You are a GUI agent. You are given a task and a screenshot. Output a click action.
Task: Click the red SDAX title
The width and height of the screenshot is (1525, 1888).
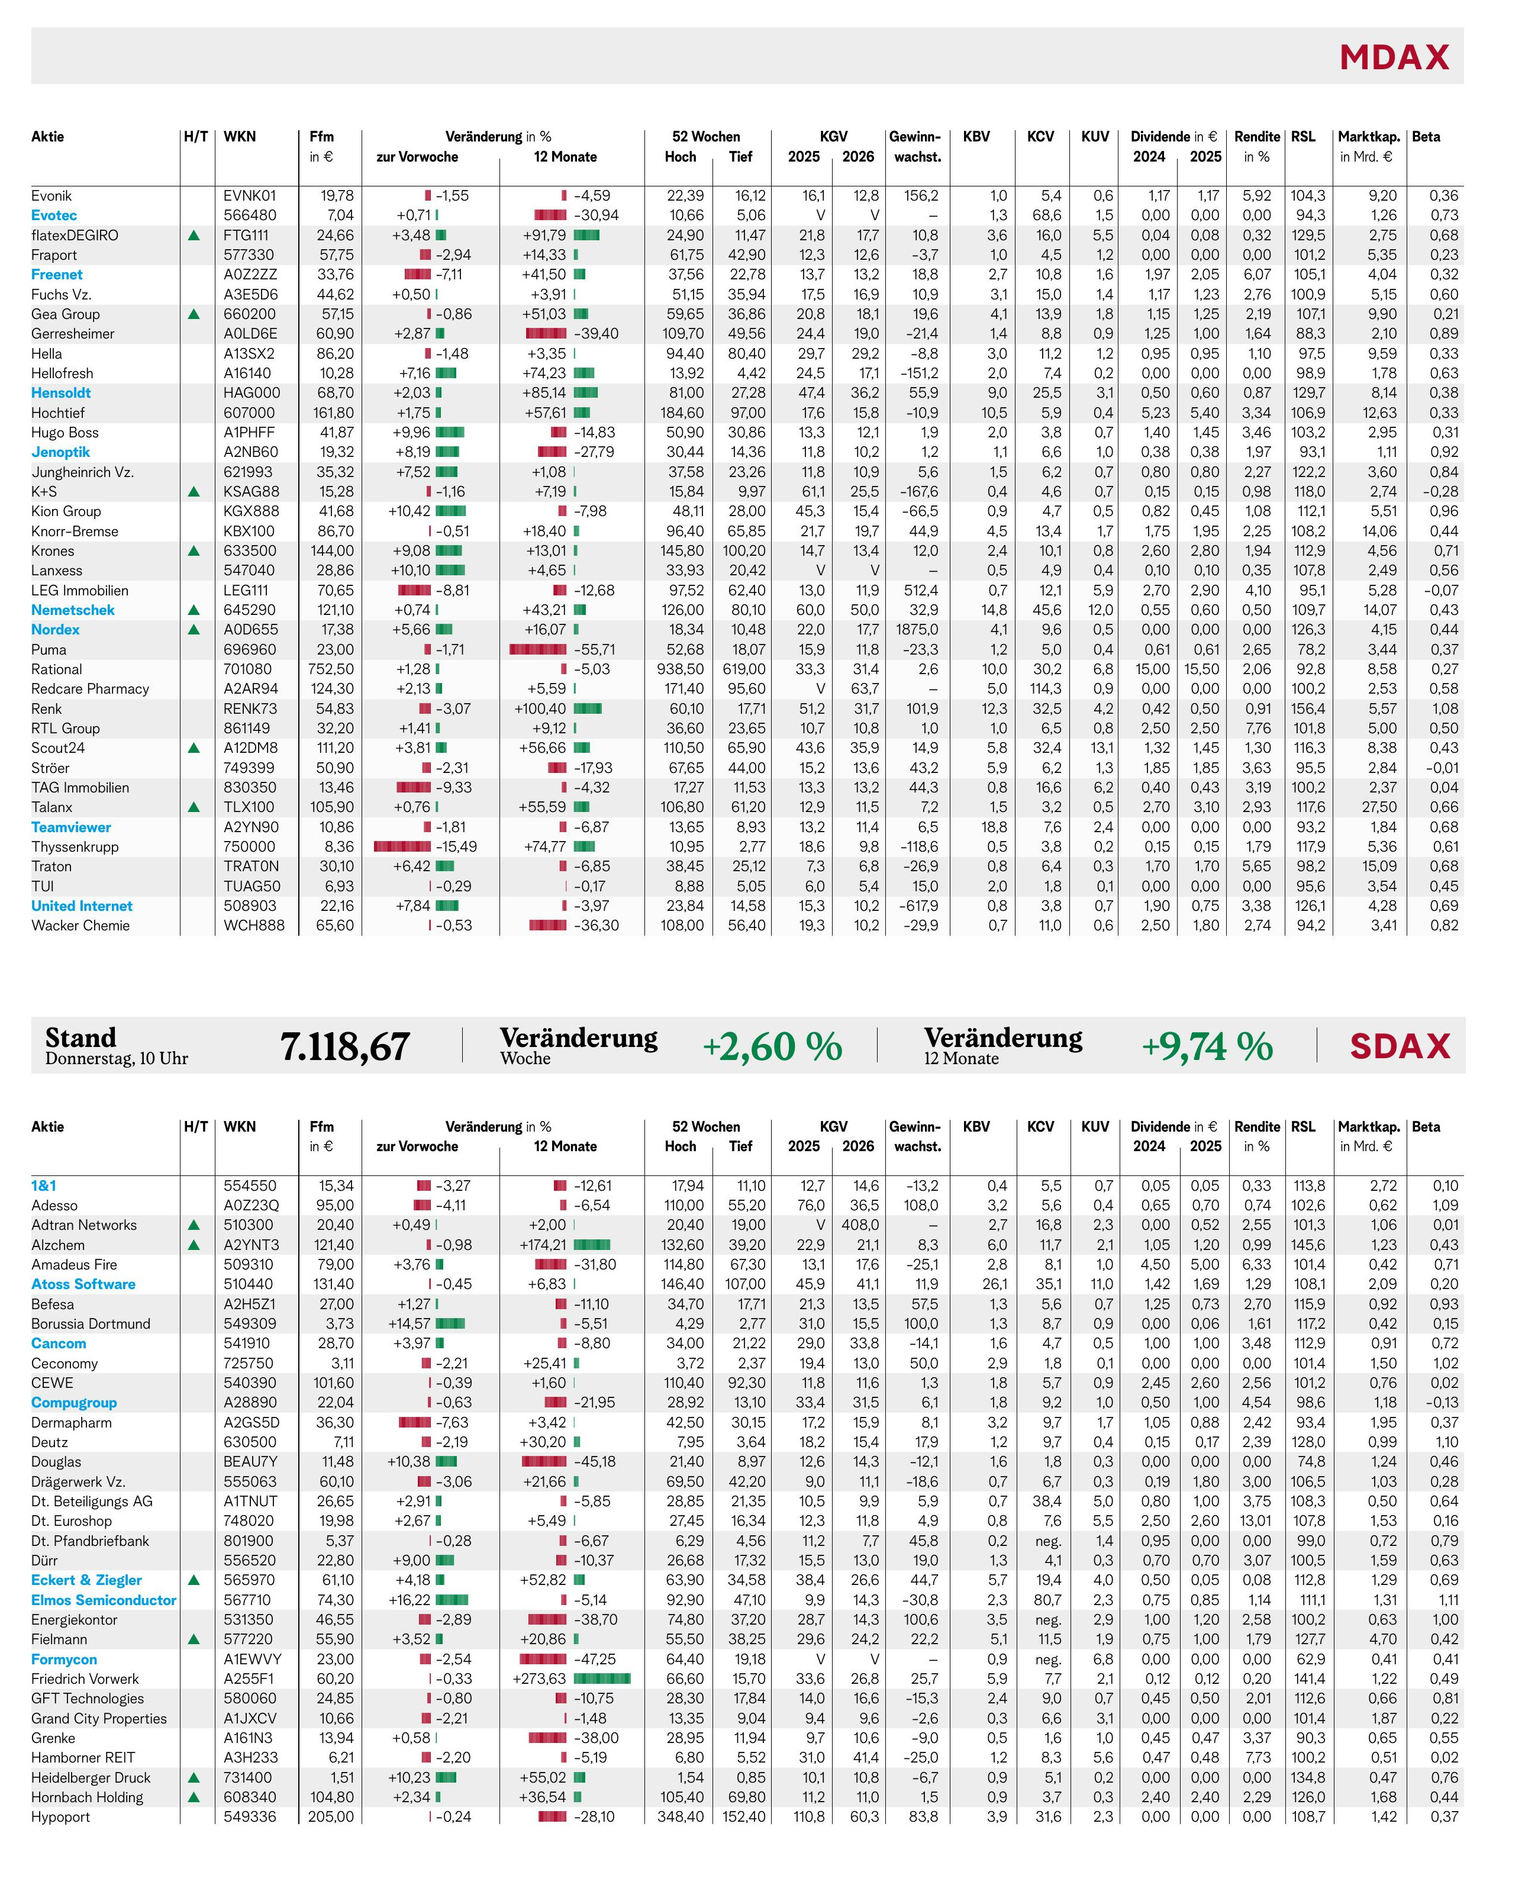tap(1400, 1046)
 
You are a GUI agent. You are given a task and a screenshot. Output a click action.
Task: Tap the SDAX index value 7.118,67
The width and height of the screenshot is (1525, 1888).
tap(344, 1046)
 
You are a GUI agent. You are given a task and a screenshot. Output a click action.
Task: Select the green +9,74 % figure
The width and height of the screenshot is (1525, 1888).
tap(1207, 1046)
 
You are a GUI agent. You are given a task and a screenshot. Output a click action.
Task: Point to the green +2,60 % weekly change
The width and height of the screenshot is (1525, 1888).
tap(772, 1046)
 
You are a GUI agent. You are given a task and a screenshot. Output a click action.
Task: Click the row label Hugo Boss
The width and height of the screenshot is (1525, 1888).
tap(65, 432)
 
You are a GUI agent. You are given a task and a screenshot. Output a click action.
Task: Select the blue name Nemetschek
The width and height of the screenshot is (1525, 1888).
tap(73, 610)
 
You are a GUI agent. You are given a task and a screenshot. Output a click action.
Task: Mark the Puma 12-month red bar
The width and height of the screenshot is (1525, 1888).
tap(537, 649)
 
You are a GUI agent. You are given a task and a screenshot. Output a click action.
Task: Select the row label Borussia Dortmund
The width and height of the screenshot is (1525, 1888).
tap(91, 1324)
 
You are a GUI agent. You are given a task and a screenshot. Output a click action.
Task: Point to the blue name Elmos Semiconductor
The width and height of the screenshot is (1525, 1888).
tap(104, 1600)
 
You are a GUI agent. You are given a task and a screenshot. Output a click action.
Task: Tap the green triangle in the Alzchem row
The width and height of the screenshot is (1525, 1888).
tap(194, 1245)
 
